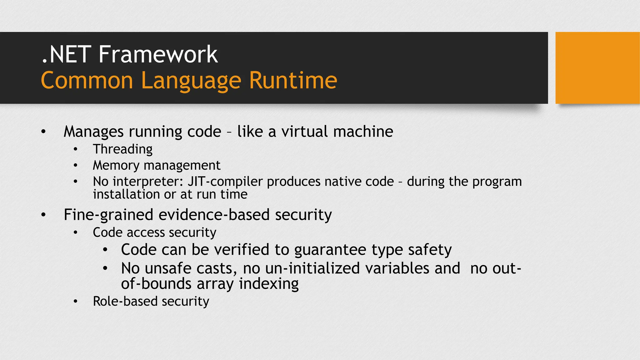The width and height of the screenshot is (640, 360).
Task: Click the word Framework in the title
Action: coord(158,54)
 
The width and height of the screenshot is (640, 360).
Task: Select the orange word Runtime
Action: coord(293,81)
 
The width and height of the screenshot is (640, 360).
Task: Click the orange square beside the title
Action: coord(597,68)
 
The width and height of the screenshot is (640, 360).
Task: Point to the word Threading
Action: coord(122,149)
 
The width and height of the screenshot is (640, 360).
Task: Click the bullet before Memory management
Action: coord(75,165)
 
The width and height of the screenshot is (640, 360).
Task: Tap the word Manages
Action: coord(93,131)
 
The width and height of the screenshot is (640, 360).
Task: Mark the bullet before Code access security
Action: coord(75,232)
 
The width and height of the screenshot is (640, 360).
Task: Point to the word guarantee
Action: coord(330,250)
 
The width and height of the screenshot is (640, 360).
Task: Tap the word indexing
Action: coord(269,284)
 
